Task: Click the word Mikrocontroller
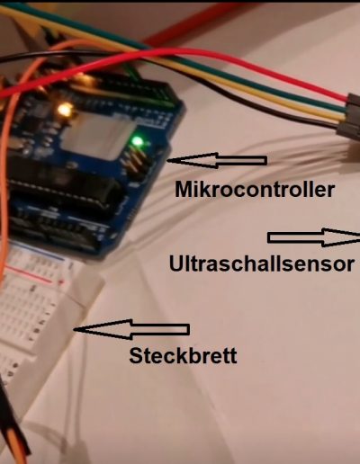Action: click(255, 190)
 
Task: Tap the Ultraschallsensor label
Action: click(262, 263)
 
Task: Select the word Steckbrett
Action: click(183, 355)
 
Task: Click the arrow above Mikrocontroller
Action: click(217, 160)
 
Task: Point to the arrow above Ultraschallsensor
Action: click(314, 237)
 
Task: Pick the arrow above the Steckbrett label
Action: click(131, 329)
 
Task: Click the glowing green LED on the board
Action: click(138, 140)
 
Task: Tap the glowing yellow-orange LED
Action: click(65, 110)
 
